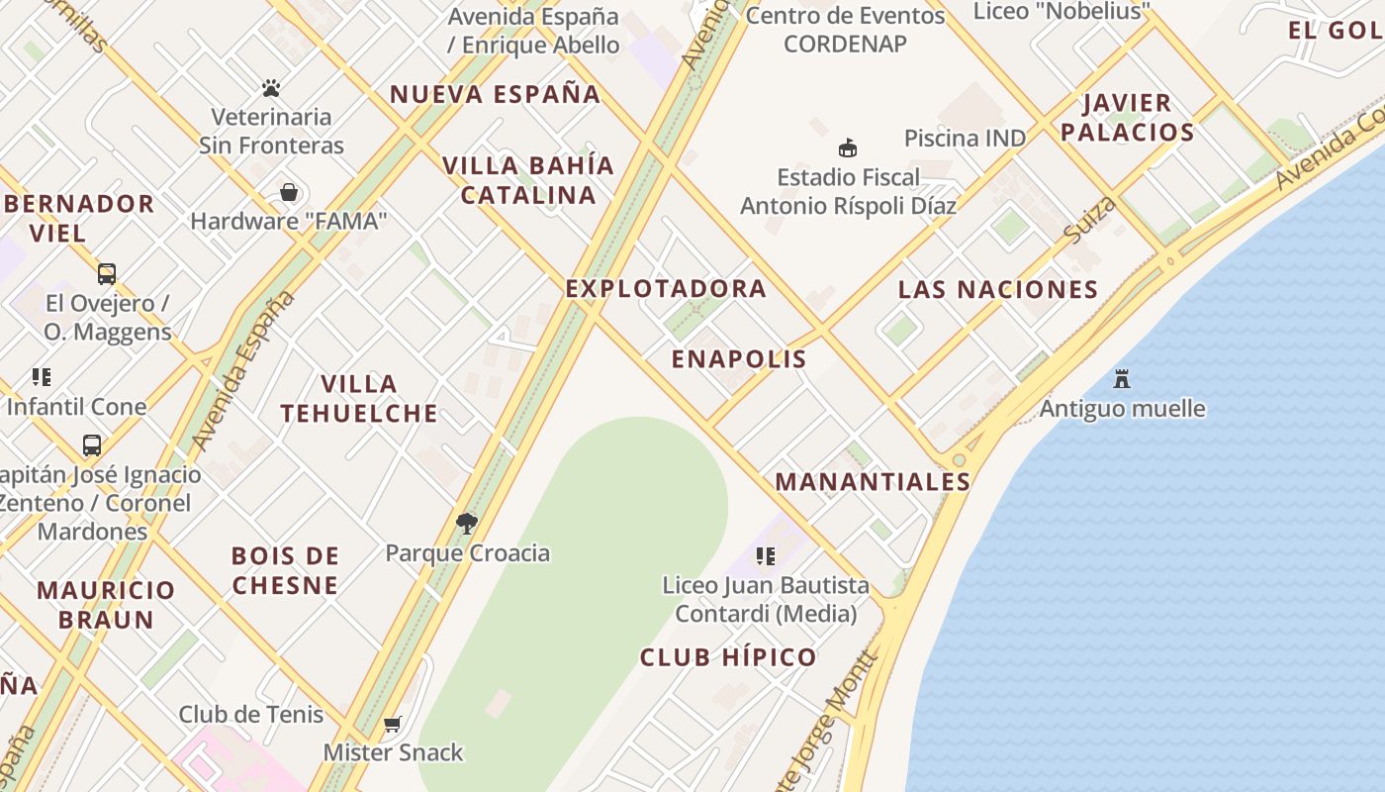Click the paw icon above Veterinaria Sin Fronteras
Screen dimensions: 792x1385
click(271, 89)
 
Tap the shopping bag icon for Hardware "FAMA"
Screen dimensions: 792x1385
click(289, 192)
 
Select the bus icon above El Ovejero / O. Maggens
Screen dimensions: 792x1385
click(106, 274)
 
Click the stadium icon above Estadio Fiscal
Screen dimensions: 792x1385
click(847, 148)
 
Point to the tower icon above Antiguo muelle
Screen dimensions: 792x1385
click(1122, 379)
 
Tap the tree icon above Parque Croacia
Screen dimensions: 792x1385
click(467, 524)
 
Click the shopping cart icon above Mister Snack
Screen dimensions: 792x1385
click(393, 724)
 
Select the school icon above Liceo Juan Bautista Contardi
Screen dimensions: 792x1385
click(765, 556)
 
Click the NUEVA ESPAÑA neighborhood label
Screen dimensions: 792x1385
click(495, 95)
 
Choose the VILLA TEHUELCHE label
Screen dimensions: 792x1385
click(359, 398)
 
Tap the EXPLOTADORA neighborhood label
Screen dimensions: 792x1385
click(666, 288)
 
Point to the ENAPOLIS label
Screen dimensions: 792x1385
click(739, 358)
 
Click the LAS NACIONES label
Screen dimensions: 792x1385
click(997, 289)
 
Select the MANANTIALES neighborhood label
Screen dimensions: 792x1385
click(872, 482)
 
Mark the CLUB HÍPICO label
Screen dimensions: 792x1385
click(728, 657)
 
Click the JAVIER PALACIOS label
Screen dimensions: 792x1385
click(1128, 117)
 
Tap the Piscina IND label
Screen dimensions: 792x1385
click(965, 138)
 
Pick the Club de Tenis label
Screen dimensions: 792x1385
click(251, 714)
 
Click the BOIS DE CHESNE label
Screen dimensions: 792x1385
click(286, 570)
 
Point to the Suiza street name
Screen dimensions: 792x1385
click(1090, 220)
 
